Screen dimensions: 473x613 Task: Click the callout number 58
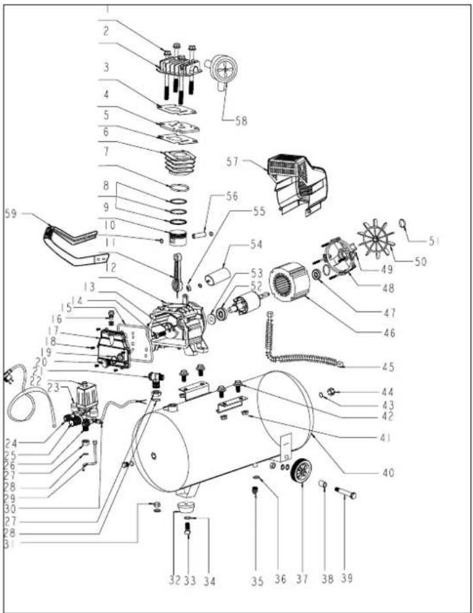coord(241,121)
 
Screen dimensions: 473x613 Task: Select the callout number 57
coord(233,162)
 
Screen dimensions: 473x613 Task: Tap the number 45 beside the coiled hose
coord(388,367)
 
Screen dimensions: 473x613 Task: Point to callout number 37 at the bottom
coord(302,578)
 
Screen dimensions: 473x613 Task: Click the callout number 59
coord(11,214)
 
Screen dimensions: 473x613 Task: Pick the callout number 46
coord(389,333)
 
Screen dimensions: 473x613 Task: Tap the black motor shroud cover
coord(297,184)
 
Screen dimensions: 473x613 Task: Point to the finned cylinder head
coord(179,67)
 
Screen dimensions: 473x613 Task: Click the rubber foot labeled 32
coord(185,506)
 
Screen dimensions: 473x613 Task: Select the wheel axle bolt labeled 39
coord(345,492)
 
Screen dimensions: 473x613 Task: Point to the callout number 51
coord(434,241)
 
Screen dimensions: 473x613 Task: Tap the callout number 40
coord(388,472)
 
